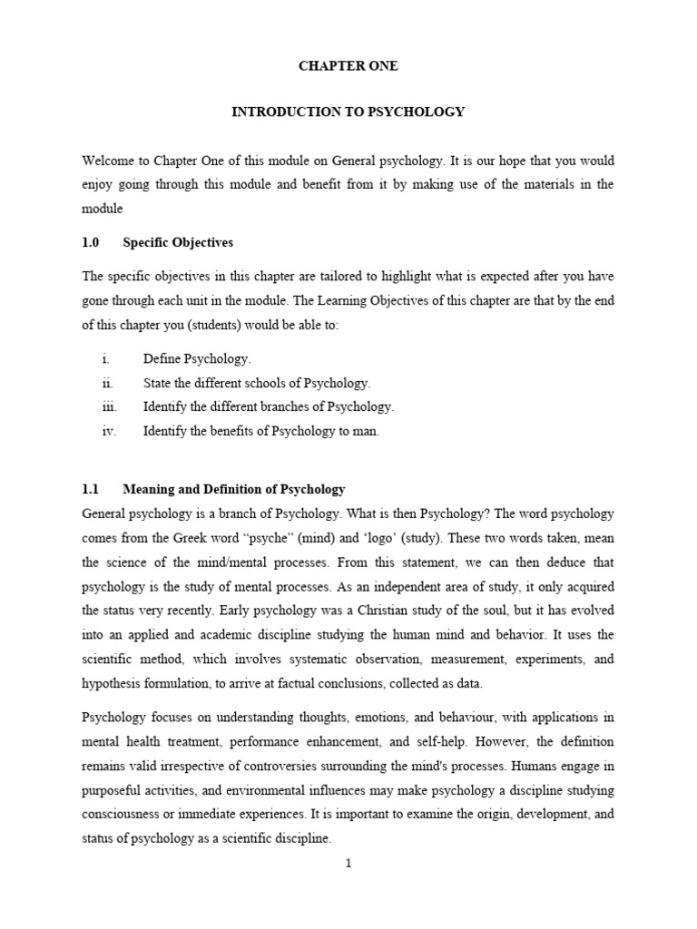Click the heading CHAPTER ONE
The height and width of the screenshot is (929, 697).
(348, 66)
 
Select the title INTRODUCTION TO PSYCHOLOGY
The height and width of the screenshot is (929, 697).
(348, 112)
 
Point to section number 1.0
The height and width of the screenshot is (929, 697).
(91, 242)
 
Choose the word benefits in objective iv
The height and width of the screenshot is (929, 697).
(234, 431)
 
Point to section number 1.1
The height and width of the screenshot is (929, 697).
(91, 489)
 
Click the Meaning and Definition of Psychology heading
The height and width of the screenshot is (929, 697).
(233, 489)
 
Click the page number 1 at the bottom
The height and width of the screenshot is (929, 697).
(348, 864)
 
